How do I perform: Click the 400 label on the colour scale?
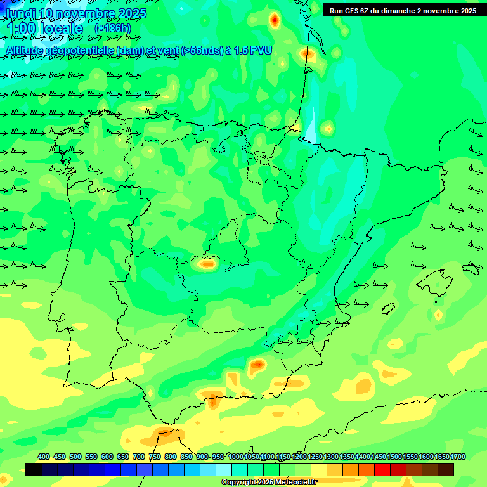click(x=44, y=457)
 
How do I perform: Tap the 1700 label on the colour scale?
click(x=458, y=457)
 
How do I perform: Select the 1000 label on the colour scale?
click(x=236, y=457)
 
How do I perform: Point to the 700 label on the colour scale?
click(x=139, y=457)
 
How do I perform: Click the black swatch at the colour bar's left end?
click(x=34, y=469)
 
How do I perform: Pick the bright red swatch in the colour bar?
click(x=382, y=469)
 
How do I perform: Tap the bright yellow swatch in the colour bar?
click(x=319, y=469)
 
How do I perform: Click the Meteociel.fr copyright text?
click(x=269, y=483)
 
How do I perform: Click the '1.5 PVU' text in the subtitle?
click(x=252, y=50)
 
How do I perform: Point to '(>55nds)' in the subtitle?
click(x=201, y=50)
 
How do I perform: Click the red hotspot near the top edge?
click(x=274, y=20)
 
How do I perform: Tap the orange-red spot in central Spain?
click(x=207, y=264)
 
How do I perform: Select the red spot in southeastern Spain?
click(x=257, y=365)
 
